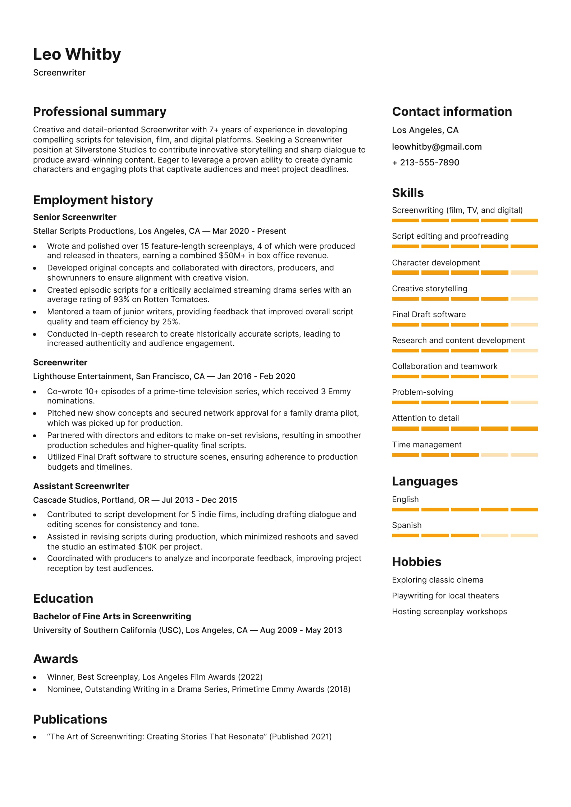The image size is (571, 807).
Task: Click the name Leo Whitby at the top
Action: [77, 54]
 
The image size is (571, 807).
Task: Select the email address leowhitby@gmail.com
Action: [437, 147]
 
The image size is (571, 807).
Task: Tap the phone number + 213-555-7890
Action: [425, 163]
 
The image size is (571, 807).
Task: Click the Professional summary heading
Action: [100, 112]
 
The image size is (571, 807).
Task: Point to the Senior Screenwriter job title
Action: [74, 217]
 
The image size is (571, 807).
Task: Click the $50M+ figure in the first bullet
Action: [231, 256]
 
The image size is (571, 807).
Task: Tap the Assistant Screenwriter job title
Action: [81, 486]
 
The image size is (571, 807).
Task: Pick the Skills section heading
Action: [408, 193]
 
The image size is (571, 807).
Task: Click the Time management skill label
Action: [426, 445]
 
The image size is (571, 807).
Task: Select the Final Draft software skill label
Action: [429, 315]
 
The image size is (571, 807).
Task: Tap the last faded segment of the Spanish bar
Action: [524, 535]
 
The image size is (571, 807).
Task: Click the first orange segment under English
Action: [405, 510]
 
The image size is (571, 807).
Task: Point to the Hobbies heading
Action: [416, 562]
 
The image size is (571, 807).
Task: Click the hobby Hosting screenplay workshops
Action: [449, 612]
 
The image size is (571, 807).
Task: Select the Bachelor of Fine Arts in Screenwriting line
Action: [112, 616]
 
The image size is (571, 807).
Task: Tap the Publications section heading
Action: [70, 720]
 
